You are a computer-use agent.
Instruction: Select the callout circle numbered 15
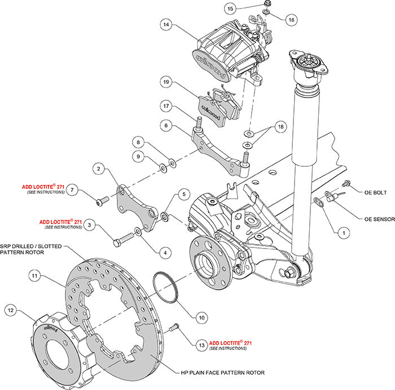coord(230,8)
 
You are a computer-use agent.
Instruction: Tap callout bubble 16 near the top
coord(291,20)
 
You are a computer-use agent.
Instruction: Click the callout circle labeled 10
coord(201,317)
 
